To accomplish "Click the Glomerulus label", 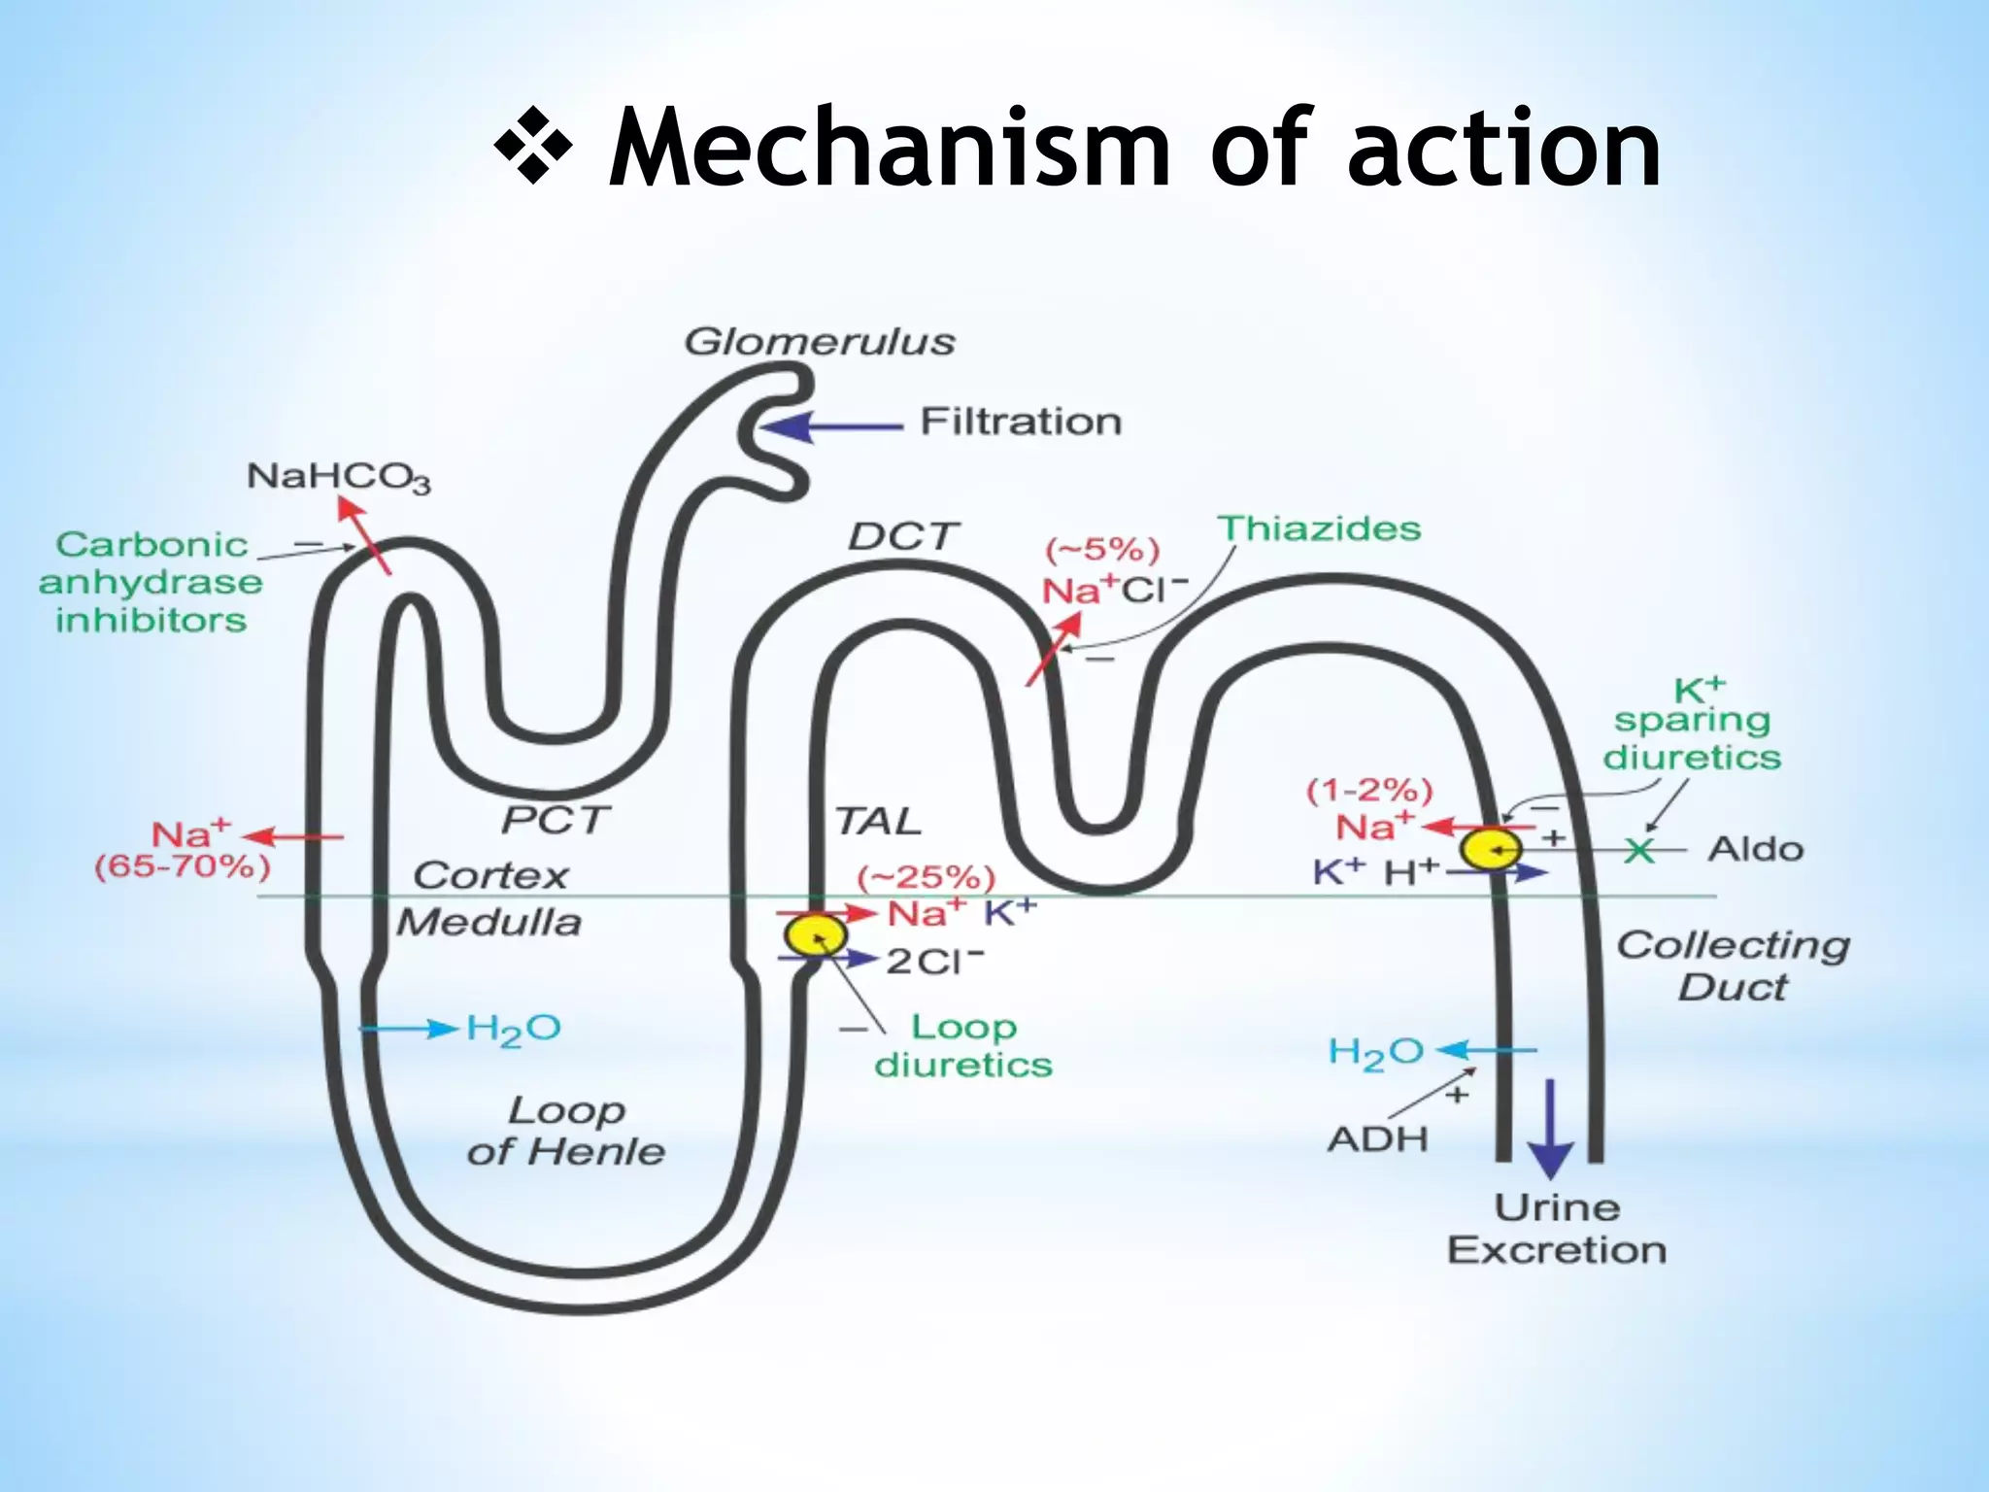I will click(x=819, y=342).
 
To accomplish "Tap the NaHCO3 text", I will click(x=338, y=478).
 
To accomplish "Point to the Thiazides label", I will click(x=1319, y=528).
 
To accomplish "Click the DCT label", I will click(x=902, y=536).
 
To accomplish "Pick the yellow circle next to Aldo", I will click(x=1491, y=849).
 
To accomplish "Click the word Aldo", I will click(x=1755, y=850).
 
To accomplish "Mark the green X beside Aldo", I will click(x=1639, y=851).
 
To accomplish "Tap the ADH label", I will click(x=1377, y=1138).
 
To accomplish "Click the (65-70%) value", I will click(x=182, y=865).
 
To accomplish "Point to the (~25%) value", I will click(x=926, y=878).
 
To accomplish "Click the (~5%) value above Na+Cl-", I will click(x=1102, y=550).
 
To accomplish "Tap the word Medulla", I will click(x=489, y=922).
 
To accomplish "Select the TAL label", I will click(x=877, y=822).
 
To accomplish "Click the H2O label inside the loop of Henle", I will click(x=513, y=1029).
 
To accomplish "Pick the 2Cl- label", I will click(x=934, y=962).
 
